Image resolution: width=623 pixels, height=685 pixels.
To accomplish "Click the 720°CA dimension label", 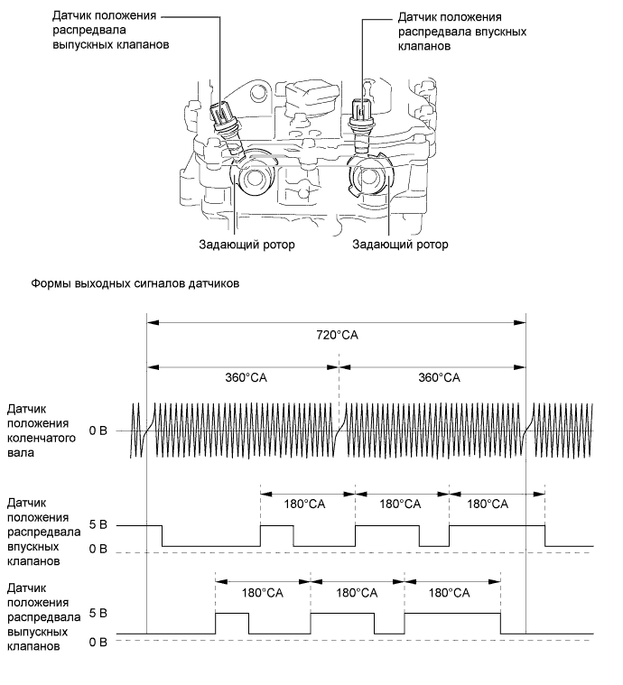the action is pos(337,335).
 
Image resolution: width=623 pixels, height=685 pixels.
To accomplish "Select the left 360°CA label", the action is pos(246,377).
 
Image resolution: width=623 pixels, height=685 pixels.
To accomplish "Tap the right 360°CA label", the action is pos(439,377).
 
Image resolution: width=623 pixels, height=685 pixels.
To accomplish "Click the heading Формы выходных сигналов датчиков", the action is pos(135,283).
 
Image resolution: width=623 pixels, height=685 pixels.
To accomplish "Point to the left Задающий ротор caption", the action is pos(246,245).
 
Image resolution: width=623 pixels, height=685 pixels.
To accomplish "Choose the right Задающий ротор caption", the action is pos(400,245).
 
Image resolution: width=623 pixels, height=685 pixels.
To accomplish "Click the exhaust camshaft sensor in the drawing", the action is pos(226,121).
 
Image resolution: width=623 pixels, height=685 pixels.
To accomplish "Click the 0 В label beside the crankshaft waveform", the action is pos(98,430).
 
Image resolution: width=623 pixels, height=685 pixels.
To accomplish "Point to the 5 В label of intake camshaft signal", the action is pos(98,524).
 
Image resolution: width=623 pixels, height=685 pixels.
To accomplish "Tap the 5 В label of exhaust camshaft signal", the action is pos(98,614).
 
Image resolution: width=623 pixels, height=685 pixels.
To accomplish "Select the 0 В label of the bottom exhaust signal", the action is pos(98,643).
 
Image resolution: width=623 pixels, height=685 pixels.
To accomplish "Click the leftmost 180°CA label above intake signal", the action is pos(304,504).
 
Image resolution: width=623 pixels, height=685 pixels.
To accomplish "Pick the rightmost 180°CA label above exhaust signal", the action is pos(449,593).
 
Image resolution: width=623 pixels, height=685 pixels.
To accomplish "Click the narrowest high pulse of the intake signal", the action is pos(277,526).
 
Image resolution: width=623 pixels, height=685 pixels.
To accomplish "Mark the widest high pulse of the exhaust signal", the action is pos(452,614).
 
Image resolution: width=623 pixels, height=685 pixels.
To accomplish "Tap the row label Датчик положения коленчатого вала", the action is pos(42,430).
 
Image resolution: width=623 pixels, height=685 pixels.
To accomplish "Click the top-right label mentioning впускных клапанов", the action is pos(461,32).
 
